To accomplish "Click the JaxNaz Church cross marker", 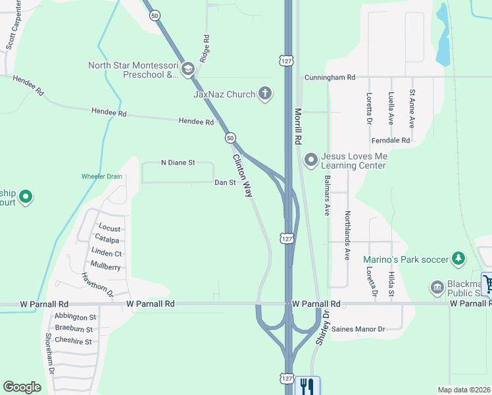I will pos(265,93).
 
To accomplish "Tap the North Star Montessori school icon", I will pos(187,69).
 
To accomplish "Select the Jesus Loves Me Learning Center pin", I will pos(311,161).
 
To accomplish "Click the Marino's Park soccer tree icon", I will pos(458,259).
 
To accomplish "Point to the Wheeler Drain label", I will pos(102,176).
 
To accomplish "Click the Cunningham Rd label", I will pos(329,78).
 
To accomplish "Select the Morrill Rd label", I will pos(298,126).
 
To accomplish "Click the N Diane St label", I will pos(178,163).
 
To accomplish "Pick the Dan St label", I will pos(225,182).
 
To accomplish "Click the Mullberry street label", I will pos(106,267).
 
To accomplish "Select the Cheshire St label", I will pos(74,341).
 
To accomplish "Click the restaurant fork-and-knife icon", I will pos(307,385).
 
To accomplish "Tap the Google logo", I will pos(22,386).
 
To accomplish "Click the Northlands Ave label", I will pos(347,226).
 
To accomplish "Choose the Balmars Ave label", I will pos(326,196).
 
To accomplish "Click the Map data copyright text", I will pos(463,389).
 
